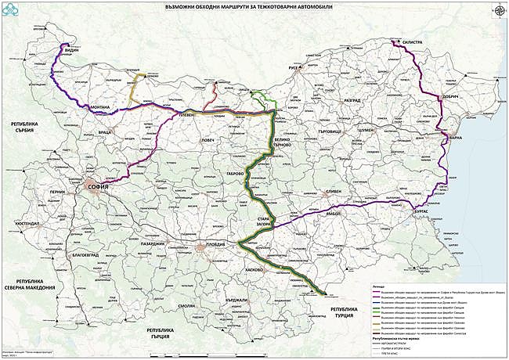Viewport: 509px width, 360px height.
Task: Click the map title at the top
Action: [254, 7]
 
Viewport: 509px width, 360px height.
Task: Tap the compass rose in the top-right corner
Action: [497, 10]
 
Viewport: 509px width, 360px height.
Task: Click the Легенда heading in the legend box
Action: [381, 286]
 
